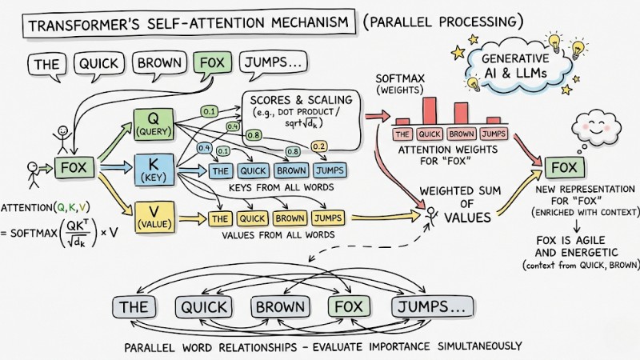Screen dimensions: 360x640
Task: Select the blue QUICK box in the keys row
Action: (254, 170)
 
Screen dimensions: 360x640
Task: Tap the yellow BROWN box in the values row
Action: (290, 218)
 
